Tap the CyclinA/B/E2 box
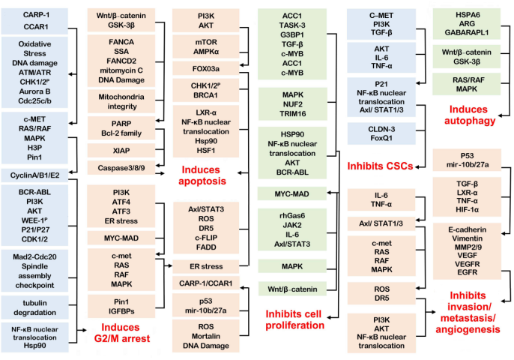[35, 174]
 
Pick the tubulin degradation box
[35, 307]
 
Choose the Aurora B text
[35, 91]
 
